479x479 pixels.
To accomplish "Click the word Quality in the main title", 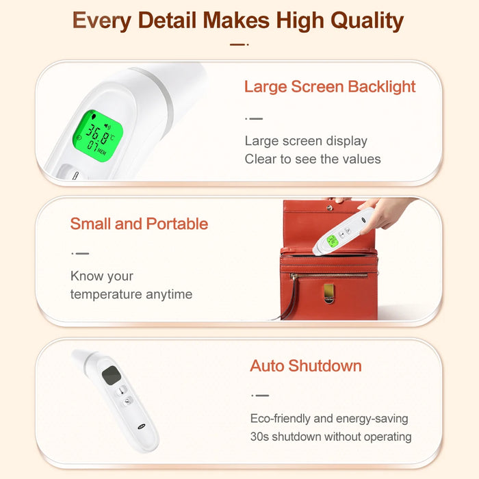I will point(367,21).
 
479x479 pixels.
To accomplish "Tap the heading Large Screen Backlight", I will point(330,87).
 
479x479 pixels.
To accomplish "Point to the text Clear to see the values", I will point(313,159).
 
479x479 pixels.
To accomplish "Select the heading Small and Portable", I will point(139,224).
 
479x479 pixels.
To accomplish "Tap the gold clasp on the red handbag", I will point(328,293).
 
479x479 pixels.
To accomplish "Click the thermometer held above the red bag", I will point(344,233).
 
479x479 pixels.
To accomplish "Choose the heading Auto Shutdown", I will point(305,365).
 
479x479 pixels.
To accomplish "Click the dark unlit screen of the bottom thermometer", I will point(111,374).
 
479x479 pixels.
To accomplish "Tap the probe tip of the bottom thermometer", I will point(77,356).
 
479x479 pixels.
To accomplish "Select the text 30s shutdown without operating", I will point(331,437).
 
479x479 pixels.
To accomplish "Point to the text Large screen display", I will point(306,141).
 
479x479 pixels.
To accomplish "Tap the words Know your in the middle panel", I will point(102,276).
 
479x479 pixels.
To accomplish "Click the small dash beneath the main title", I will point(239,44).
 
